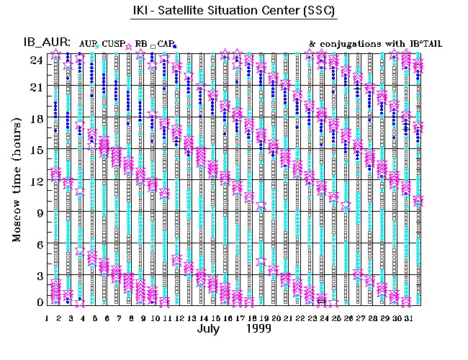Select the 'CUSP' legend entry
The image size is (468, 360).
coord(114,44)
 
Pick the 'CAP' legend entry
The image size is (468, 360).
coord(167,44)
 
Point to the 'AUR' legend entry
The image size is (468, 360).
coord(86,44)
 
